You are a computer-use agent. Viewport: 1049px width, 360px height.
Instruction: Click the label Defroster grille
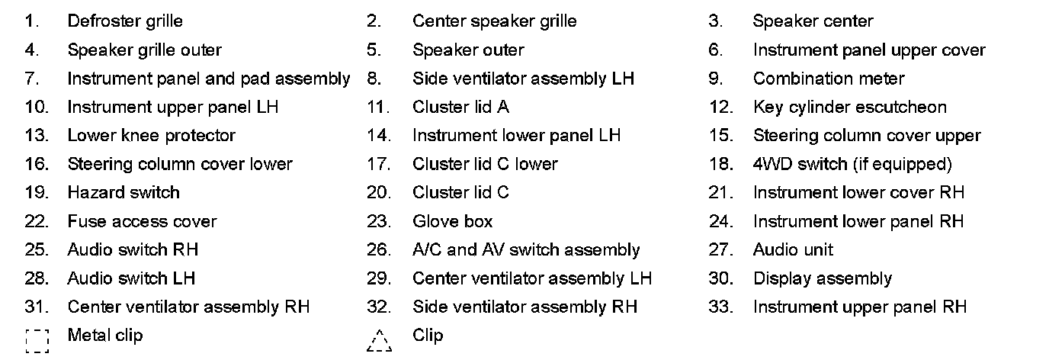coord(125,21)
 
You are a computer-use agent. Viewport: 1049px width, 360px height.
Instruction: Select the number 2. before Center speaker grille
coord(374,21)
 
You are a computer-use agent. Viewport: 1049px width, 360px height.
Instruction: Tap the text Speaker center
coord(813,21)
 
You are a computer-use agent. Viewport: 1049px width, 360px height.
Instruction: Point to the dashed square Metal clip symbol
coord(37,340)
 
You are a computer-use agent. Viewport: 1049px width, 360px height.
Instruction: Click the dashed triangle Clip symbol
coord(379,340)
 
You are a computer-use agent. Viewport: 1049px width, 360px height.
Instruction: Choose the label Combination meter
coord(829,79)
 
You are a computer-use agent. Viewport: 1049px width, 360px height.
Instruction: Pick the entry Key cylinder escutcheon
coord(849,107)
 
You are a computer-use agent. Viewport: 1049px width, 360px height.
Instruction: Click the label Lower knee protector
coord(151,136)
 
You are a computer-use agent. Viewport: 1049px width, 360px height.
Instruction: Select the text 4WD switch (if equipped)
coord(852,164)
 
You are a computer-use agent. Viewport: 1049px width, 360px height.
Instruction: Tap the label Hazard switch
coord(124,192)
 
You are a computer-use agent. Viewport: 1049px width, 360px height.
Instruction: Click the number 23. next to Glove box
coord(378,221)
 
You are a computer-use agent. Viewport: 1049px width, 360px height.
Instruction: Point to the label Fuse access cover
coord(142,221)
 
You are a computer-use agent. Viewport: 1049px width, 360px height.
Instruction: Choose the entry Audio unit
coord(793,249)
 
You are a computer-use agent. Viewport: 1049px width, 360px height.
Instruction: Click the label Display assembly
coord(822,278)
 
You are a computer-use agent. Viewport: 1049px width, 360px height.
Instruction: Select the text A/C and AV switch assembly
coord(526,249)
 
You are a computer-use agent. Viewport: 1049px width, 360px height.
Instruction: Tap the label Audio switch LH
coord(131,278)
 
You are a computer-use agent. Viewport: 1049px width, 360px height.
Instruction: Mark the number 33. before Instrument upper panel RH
coord(720,307)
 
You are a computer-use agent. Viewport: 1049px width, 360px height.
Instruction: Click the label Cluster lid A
coord(460,107)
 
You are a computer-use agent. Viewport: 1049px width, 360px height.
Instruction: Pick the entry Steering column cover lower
coord(180,164)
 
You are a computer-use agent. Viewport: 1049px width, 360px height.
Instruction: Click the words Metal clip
coord(105,335)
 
